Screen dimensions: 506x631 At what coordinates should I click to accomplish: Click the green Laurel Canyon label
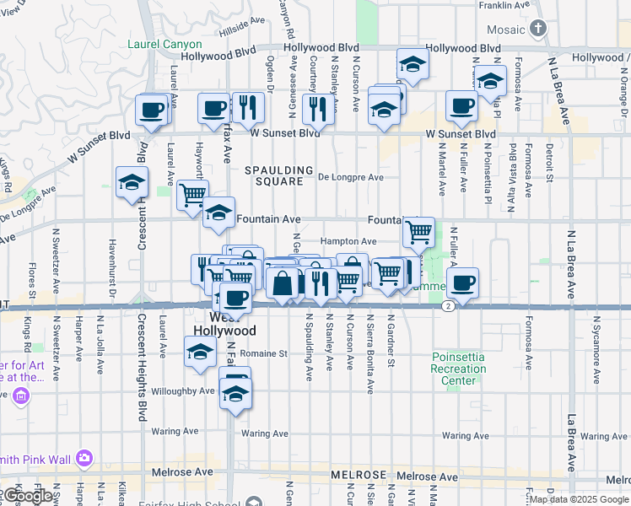(164, 44)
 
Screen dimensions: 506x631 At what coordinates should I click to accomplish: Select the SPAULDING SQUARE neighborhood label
(279, 175)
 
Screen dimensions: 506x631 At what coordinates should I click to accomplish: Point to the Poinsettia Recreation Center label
(458, 369)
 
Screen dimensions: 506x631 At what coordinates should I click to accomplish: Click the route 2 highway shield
(447, 306)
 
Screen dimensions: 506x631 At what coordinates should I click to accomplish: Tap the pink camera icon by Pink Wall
(84, 458)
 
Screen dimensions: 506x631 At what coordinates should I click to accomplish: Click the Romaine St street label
(264, 354)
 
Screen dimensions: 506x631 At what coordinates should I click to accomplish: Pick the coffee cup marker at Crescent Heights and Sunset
(152, 110)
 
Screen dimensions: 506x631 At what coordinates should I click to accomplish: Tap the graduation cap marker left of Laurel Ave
(131, 183)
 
